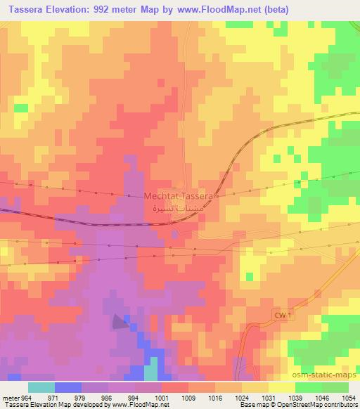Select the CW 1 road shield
281,316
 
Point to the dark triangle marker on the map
117,322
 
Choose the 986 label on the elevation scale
107,397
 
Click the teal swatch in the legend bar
41,387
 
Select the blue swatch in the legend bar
67,387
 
